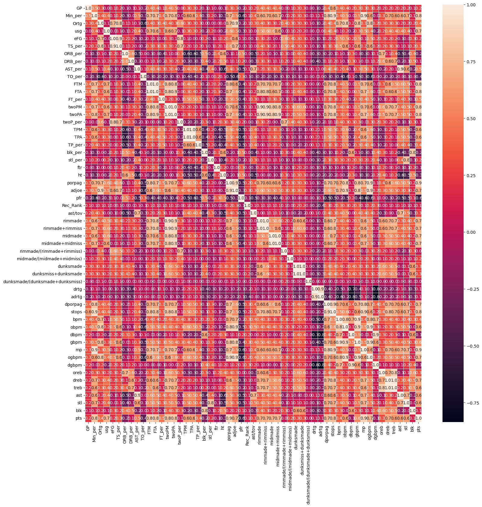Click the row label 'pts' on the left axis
[78, 418]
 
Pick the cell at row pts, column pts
[418, 418]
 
